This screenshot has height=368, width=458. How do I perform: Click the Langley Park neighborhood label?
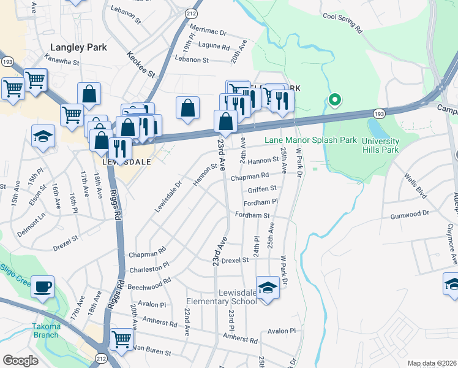79,47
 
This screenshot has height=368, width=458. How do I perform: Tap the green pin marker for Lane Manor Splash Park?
334,99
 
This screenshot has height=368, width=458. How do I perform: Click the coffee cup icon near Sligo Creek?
42,286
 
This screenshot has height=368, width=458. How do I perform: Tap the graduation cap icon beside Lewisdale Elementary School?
268,287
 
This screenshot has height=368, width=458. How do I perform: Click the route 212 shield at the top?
192,12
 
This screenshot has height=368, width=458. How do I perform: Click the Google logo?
20,361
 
